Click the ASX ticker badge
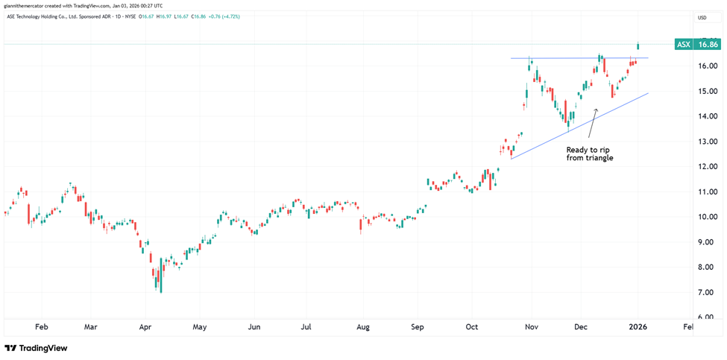tap(682, 45)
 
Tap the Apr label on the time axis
tap(145, 326)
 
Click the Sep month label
tap(418, 326)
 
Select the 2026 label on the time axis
tap(638, 326)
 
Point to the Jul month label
tap(306, 326)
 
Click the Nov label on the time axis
tap(531, 326)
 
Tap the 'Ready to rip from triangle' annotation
tap(589, 154)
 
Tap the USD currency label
tap(702, 17)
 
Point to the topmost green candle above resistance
tap(638, 46)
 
